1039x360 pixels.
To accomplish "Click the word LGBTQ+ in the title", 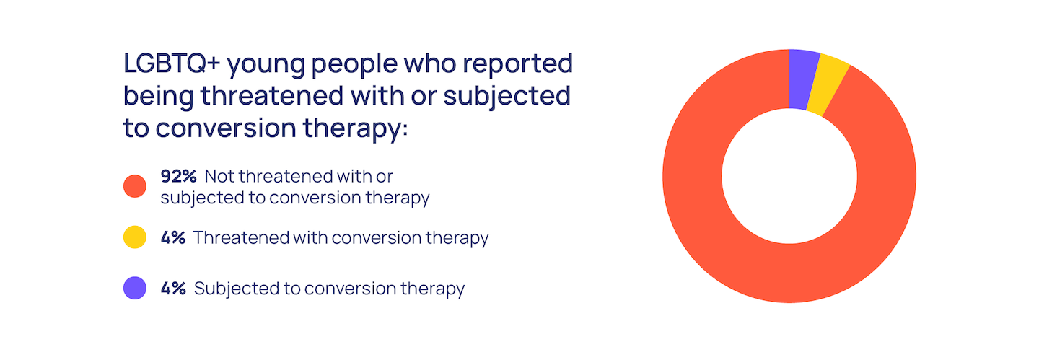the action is point(172,63).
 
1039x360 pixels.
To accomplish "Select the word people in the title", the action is point(354,66).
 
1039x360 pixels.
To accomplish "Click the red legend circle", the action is point(135,186).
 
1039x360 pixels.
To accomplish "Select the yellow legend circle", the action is point(135,237).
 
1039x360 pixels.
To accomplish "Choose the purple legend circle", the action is point(135,288).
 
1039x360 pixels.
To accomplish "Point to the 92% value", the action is point(179,176).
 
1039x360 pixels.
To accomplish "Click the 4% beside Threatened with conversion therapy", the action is point(173,237).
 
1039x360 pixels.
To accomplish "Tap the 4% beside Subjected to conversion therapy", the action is point(173,289).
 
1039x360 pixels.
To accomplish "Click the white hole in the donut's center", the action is point(789,176).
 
